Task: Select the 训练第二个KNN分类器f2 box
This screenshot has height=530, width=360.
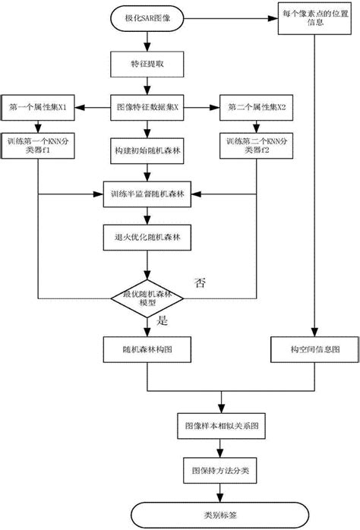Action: pyautogui.click(x=254, y=147)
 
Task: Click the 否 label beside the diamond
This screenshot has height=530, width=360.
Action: pyautogui.click(x=201, y=283)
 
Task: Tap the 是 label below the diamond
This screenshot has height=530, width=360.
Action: pyautogui.click(x=161, y=322)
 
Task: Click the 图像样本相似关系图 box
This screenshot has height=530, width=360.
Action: pyautogui.click(x=220, y=423)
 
